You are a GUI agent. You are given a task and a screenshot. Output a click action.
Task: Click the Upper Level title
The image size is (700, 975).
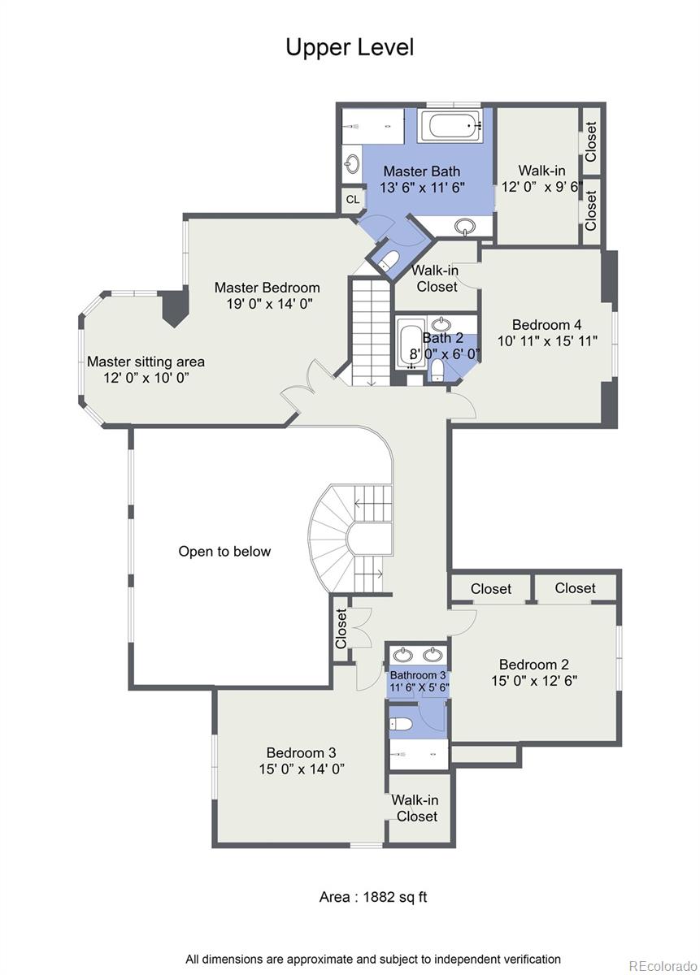(x=350, y=47)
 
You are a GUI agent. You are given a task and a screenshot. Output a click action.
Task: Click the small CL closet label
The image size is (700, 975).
(x=353, y=199)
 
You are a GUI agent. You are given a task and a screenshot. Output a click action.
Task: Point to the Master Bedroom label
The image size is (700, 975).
(x=267, y=288)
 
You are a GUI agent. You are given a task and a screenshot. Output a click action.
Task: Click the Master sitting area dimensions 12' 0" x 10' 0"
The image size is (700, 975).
(x=146, y=378)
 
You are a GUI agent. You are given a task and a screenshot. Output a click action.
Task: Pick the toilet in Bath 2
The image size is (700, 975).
(x=437, y=371)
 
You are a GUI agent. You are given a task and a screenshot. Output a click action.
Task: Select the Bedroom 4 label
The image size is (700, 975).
(x=546, y=325)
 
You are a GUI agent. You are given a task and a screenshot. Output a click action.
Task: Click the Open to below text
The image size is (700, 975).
(x=224, y=552)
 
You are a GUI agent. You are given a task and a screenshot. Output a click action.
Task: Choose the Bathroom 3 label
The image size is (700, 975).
(x=418, y=675)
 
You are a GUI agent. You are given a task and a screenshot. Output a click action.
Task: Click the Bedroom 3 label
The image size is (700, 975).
(x=301, y=752)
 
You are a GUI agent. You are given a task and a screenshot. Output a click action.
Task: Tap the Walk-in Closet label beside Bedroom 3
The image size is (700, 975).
(x=416, y=808)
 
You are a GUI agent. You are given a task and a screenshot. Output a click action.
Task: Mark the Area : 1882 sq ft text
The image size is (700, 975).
(x=372, y=897)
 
